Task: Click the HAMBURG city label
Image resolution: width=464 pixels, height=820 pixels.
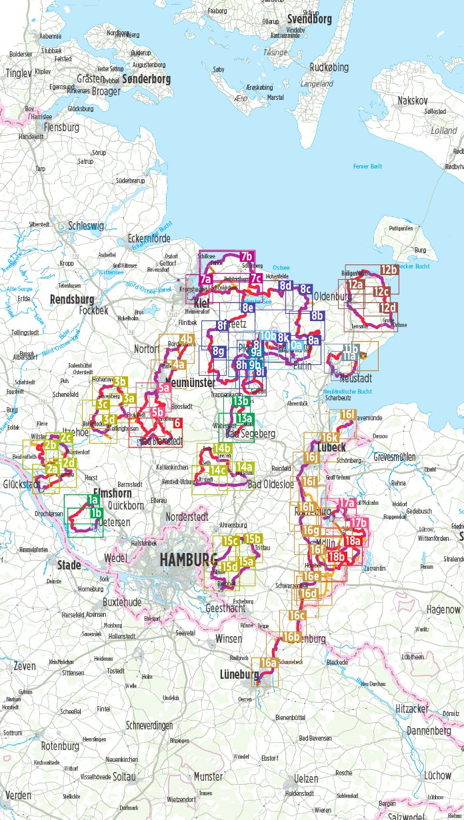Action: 187,559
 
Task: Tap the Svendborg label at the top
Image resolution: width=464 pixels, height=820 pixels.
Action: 309,19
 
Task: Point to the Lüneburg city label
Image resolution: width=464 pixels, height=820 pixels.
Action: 239,675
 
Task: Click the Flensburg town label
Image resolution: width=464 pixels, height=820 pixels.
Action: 61,127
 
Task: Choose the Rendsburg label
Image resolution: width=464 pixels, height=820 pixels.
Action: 71,299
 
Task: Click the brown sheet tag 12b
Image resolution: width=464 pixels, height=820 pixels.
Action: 389,270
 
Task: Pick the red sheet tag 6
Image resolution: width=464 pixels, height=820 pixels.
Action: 177,422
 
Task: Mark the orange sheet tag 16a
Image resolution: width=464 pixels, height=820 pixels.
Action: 268,663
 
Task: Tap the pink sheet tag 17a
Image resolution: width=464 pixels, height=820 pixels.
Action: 346,503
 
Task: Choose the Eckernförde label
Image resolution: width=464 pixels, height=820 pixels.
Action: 149,238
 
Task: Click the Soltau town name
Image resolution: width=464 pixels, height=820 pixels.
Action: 125,777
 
